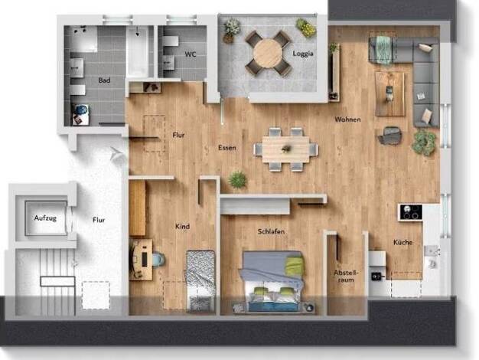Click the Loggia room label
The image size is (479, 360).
pos(303,54)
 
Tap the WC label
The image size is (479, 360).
pos(191,54)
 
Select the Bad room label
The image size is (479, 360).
pos(104,80)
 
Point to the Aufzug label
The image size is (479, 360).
pos(45,218)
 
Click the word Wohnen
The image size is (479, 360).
pos(347,119)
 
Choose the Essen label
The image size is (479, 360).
pos(227,148)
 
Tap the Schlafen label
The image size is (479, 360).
pos(271,231)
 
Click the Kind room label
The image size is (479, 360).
pos(182,226)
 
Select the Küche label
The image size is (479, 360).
pos(403,242)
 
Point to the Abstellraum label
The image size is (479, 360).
pos(346,276)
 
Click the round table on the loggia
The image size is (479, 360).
pos(268,53)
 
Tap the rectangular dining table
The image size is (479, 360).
pos(285,149)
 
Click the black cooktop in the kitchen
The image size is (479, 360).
pos(411,212)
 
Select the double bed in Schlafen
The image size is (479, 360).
pos(272,281)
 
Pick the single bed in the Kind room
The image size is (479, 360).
pos(201,280)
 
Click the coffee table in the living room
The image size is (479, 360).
pos(389,94)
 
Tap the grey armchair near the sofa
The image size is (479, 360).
pos(389,135)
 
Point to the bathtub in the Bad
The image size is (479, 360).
pos(138,51)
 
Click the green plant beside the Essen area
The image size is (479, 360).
pos(238,179)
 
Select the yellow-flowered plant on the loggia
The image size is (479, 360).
pos(306,28)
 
